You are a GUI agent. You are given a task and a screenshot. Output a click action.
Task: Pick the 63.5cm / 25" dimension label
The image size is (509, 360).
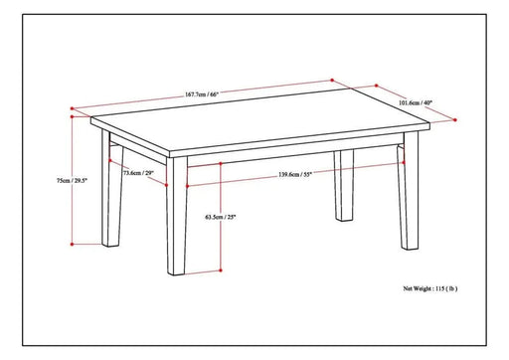click(220, 216)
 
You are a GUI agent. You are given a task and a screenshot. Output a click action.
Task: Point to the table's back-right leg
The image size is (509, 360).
click(344, 184)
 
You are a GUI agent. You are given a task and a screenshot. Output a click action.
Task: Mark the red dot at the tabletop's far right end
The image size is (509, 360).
click(427, 120)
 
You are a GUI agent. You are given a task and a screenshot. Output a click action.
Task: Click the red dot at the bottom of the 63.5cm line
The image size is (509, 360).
click(221, 270)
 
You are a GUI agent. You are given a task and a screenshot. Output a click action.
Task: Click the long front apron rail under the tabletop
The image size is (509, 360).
click(288, 156)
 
